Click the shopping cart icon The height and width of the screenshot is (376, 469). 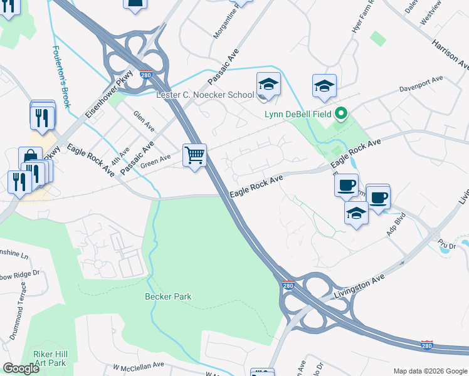194,154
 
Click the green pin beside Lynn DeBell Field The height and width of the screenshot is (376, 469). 341,114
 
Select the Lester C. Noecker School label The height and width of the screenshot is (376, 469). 204,95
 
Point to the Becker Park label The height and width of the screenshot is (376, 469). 167,296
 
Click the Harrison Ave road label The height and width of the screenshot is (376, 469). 450,55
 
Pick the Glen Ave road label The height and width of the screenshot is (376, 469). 144,121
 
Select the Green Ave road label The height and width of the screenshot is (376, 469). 155,162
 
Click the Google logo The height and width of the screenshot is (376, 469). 21,368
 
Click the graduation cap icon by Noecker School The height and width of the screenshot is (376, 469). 268,85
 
